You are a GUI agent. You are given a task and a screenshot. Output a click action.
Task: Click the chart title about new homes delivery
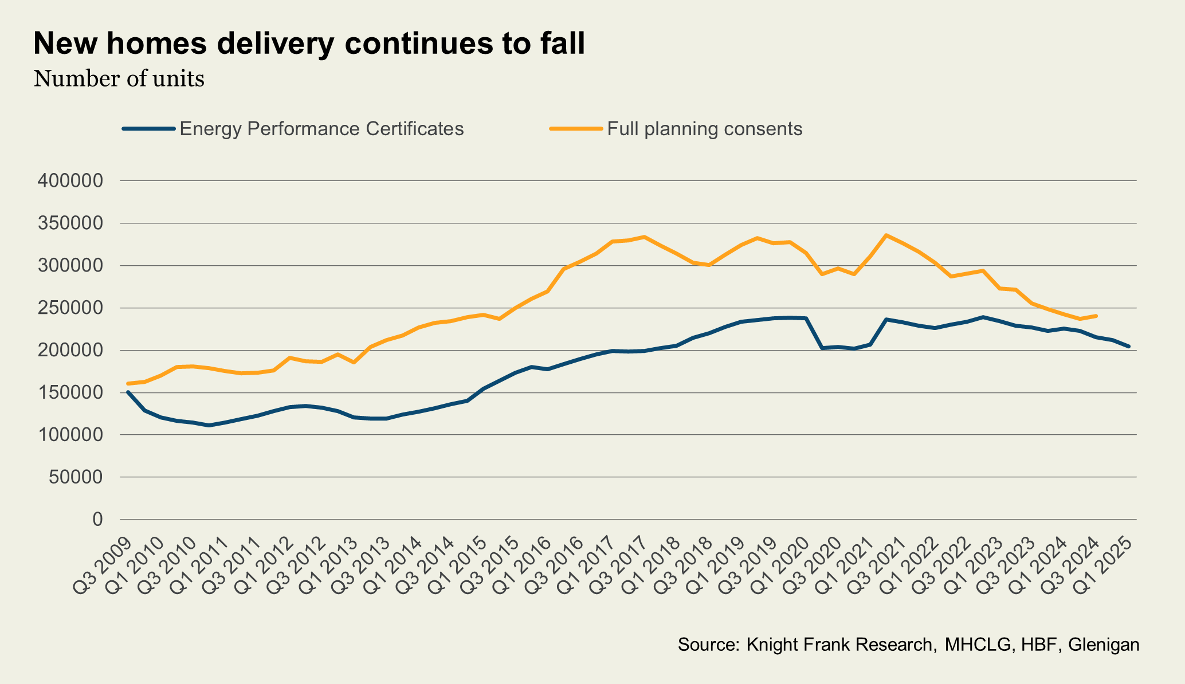309,44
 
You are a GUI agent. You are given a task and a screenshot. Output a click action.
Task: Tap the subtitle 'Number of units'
119,78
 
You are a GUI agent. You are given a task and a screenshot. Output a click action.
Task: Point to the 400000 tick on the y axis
70,181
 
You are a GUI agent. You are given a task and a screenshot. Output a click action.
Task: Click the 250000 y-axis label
70,308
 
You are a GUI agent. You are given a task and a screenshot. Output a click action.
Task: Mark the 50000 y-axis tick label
76,477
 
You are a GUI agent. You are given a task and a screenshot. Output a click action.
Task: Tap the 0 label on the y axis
98,520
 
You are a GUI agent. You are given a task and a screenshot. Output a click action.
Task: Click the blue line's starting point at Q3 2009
128,392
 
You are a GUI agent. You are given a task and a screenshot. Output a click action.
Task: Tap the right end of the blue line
1128,346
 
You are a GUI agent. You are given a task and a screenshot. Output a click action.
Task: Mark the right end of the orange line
1096,316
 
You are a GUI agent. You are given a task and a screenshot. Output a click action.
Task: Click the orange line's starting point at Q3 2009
128,383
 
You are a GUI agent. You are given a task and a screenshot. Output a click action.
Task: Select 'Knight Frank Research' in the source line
839,644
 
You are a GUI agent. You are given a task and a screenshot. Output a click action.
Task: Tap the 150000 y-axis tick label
70,393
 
